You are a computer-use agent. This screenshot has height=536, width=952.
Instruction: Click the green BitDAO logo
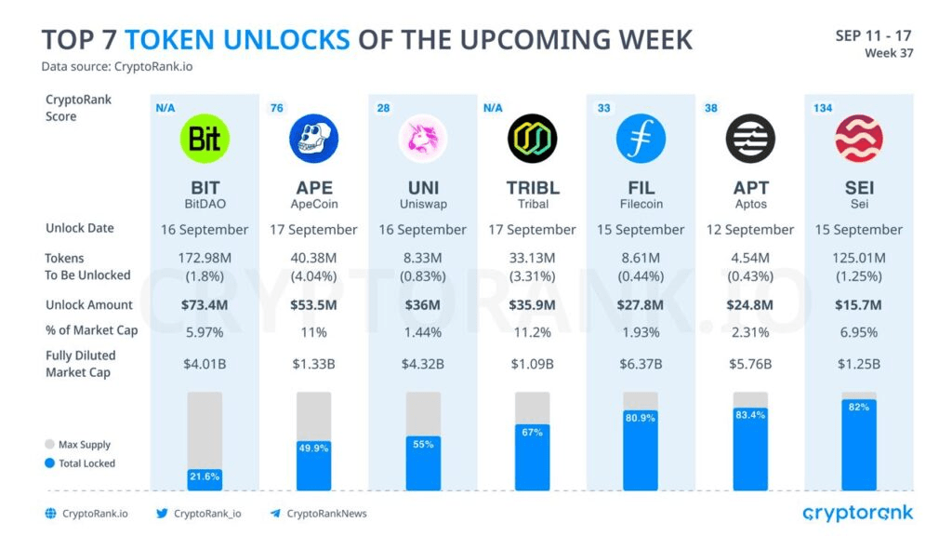pos(205,139)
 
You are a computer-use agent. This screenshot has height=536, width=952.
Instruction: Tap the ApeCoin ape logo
pos(313,139)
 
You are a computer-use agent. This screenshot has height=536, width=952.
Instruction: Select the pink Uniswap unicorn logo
pos(423,139)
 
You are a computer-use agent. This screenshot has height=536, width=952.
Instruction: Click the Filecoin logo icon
pos(641,139)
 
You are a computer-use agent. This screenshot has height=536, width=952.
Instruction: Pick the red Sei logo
pos(859,139)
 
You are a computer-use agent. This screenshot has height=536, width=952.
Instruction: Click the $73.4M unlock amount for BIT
pos(205,305)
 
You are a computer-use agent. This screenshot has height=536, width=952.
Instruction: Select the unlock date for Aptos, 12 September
pos(749,230)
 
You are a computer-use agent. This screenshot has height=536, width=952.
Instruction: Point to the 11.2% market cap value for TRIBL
pos(533,332)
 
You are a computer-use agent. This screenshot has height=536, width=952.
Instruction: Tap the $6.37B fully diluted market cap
pos(641,363)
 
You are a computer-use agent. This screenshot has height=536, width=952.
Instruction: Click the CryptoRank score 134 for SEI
pos(822,108)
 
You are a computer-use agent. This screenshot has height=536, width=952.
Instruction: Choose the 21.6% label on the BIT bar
pos(205,476)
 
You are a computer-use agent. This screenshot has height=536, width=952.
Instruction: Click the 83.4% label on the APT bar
pos(749,414)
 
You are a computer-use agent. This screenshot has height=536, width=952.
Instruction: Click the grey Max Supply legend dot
pos(49,445)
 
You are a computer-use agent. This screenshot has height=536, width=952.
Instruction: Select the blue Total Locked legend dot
pos(49,463)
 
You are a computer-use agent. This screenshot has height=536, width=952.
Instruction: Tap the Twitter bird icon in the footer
pos(162,514)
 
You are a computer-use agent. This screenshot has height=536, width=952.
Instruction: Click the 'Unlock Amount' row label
pos(89,305)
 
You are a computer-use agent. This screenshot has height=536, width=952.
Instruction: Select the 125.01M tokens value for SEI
pos(859,258)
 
